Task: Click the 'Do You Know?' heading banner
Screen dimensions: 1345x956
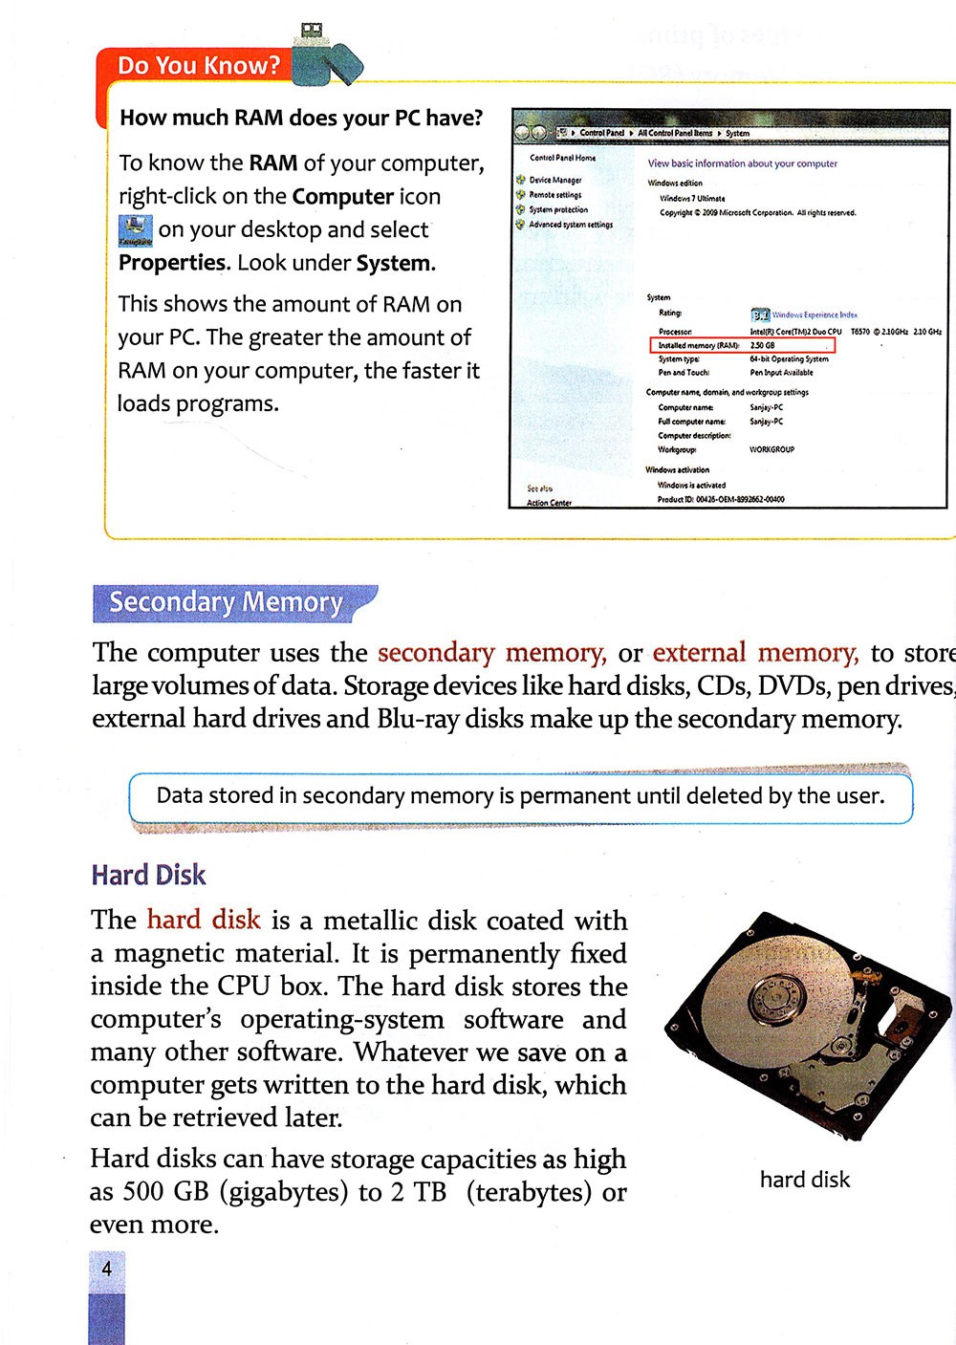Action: (x=199, y=66)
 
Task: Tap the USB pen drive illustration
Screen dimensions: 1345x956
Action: (x=326, y=56)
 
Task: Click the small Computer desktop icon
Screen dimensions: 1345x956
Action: (x=135, y=230)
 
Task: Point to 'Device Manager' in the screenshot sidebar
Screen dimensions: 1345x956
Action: (x=554, y=180)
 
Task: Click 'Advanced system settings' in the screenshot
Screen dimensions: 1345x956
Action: (x=571, y=225)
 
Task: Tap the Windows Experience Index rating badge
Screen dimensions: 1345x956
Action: (x=760, y=315)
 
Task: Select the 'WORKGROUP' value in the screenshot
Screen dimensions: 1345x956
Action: (x=771, y=449)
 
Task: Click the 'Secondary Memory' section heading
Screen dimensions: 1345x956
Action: (x=226, y=602)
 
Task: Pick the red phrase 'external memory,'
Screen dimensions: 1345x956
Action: (x=755, y=653)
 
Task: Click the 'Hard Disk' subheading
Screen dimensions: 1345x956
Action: (x=148, y=875)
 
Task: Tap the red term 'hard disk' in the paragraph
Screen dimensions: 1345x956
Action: (x=204, y=920)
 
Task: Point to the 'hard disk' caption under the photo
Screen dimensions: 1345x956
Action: (x=804, y=1180)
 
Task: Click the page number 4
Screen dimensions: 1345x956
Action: (x=106, y=1269)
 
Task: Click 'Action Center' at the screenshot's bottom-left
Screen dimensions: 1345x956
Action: (x=549, y=503)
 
